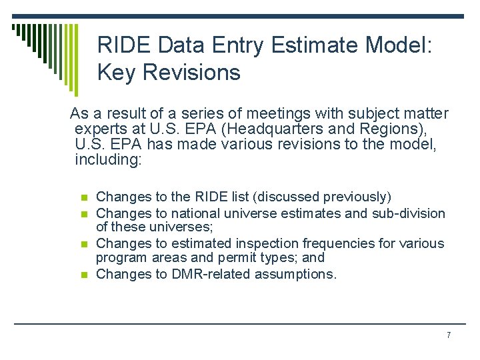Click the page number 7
coord(449,335)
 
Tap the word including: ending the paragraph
coord(109,160)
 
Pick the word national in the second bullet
coord(197,213)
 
